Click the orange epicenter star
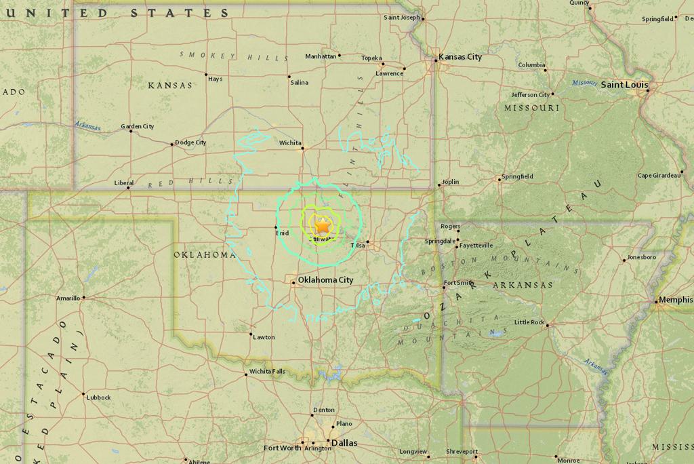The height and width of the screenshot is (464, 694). pyautogui.click(x=323, y=224)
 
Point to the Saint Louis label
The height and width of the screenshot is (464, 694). pyautogui.click(x=624, y=85)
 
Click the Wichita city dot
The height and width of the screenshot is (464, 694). pyautogui.click(x=302, y=149)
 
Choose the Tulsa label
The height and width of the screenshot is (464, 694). pyautogui.click(x=357, y=246)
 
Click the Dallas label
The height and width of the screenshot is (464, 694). pyautogui.click(x=344, y=443)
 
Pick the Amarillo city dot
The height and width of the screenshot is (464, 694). pyautogui.click(x=84, y=297)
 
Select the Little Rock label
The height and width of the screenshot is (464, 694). pyautogui.click(x=529, y=322)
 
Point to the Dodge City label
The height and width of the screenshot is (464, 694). pyautogui.click(x=190, y=142)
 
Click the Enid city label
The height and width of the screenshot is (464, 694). pyautogui.click(x=282, y=233)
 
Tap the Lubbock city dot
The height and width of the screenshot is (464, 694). pyautogui.click(x=83, y=394)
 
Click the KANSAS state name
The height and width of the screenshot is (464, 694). pyautogui.click(x=170, y=85)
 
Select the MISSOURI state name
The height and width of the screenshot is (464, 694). pyautogui.click(x=531, y=108)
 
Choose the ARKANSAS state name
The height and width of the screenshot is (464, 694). pyautogui.click(x=523, y=286)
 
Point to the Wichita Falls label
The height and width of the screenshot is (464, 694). pyautogui.click(x=267, y=371)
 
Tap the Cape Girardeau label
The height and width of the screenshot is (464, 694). pyautogui.click(x=659, y=176)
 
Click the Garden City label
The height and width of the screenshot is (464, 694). pyautogui.click(x=137, y=126)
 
